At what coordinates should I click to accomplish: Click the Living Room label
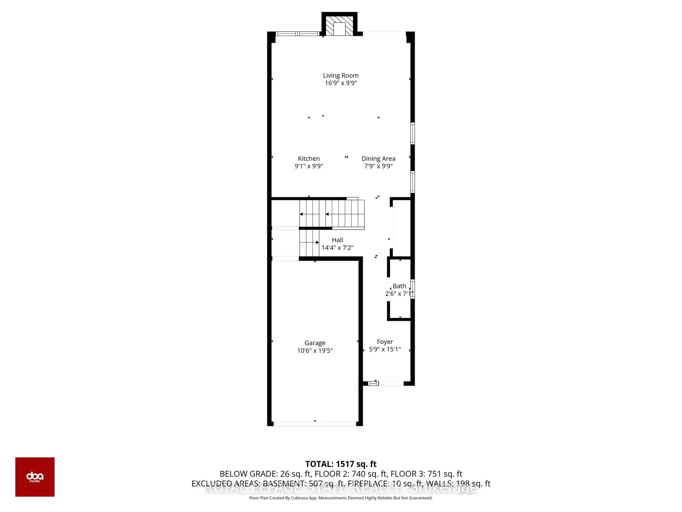341,75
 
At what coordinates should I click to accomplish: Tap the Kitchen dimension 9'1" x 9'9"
309,166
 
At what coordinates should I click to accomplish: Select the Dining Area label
378,159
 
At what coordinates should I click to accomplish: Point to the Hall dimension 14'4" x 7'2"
337,248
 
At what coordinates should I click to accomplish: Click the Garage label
315,343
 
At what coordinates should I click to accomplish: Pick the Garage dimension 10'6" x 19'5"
315,351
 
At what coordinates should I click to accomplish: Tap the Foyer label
385,342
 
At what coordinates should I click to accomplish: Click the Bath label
399,286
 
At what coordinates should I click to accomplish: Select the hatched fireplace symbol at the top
339,25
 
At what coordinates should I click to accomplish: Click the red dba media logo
35,477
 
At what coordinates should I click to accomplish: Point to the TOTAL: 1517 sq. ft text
341,464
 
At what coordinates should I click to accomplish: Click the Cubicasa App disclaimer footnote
341,498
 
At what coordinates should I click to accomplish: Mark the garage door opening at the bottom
315,424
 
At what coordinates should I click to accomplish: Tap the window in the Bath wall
412,289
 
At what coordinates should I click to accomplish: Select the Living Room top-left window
297,34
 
